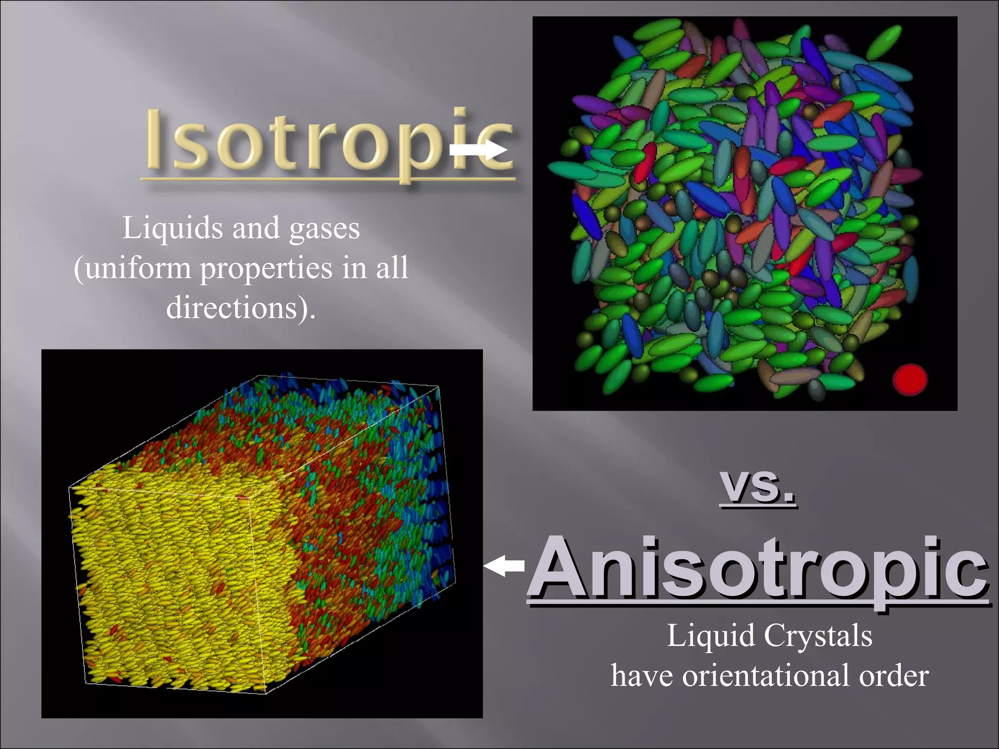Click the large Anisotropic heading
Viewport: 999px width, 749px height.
(x=759, y=568)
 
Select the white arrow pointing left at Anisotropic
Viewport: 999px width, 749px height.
(x=504, y=566)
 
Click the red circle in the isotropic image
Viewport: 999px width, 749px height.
(x=910, y=379)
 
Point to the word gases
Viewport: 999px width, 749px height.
(x=324, y=229)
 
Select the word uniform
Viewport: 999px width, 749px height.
(x=138, y=269)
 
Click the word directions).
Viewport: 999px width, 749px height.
(x=240, y=308)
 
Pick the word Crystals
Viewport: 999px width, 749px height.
(x=818, y=636)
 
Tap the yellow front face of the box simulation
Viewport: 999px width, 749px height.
(x=166, y=585)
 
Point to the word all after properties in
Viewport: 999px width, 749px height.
(x=392, y=269)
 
